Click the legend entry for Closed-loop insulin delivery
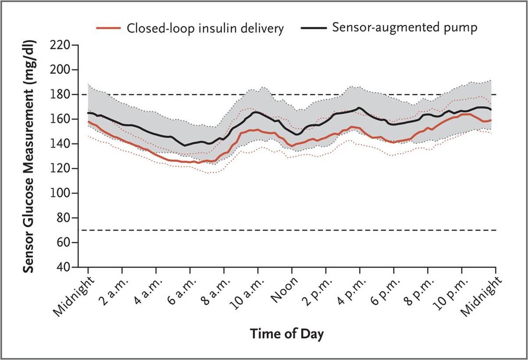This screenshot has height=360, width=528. pos(205,28)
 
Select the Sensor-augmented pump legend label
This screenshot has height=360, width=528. pos(404,27)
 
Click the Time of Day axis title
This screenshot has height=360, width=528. pos(287,334)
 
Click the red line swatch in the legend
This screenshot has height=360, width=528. pos(108,28)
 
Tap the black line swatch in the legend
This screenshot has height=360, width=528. pos(314,27)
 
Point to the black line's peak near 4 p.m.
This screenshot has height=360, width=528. pos(359,107)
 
